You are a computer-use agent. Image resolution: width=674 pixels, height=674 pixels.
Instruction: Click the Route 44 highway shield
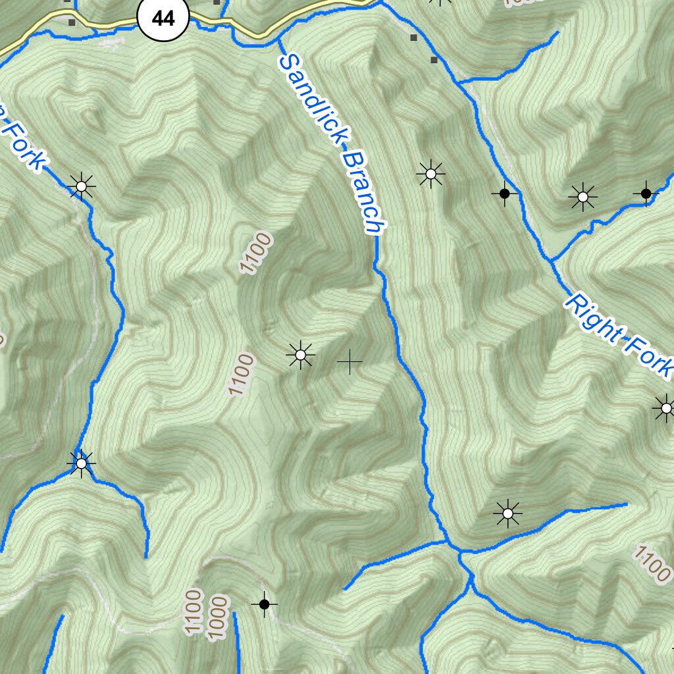(x=163, y=18)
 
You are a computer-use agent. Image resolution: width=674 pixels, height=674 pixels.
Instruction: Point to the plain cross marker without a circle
(x=350, y=361)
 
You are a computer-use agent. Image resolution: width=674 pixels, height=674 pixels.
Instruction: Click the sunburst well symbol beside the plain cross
(x=301, y=355)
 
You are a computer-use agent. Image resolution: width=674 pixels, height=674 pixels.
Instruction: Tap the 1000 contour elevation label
(x=217, y=617)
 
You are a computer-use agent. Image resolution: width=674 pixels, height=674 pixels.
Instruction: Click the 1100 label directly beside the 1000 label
(x=193, y=612)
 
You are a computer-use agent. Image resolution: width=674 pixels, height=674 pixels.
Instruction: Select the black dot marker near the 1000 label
(x=264, y=604)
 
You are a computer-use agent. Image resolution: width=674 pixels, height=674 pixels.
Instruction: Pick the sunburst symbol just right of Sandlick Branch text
(x=430, y=174)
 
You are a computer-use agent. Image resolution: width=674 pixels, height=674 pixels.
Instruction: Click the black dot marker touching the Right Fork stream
(x=504, y=194)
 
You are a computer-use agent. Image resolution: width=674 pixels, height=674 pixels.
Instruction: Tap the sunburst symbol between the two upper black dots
(x=583, y=197)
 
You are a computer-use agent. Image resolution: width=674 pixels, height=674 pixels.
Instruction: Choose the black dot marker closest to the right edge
(x=646, y=193)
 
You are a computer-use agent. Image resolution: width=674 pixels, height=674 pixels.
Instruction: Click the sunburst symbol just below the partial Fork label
(x=81, y=187)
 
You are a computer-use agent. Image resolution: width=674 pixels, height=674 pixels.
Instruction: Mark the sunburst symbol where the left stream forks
(x=81, y=464)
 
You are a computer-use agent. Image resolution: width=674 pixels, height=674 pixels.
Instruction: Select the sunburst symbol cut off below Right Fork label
(x=665, y=409)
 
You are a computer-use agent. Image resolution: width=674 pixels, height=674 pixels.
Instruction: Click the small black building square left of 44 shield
(x=71, y=22)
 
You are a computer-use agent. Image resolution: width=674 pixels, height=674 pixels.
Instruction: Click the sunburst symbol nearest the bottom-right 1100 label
(x=507, y=513)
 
